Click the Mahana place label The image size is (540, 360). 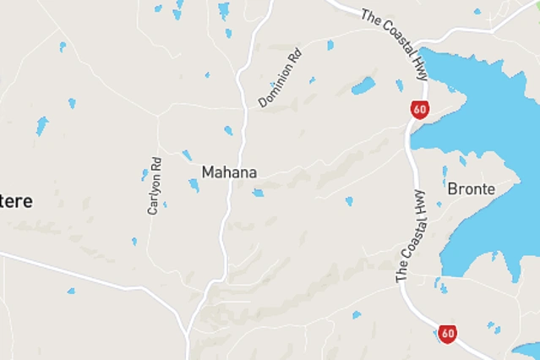pyautogui.click(x=229, y=172)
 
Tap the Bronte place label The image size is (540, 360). pyautogui.click(x=471, y=188)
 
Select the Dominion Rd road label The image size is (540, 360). pyautogui.click(x=281, y=79)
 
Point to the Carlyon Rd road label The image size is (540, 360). pyautogui.click(x=154, y=184)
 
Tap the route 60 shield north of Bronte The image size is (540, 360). pyautogui.click(x=420, y=109)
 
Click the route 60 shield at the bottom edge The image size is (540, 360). pyautogui.click(x=447, y=333)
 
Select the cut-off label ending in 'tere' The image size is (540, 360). pyautogui.click(x=16, y=201)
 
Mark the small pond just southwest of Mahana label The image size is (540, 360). pyautogui.click(x=194, y=185)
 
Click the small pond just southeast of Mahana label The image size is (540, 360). pyautogui.click(x=258, y=193)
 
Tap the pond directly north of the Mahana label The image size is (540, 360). pyautogui.click(x=228, y=130)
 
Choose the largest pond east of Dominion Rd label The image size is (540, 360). pyautogui.click(x=363, y=85)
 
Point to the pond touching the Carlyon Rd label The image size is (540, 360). pyautogui.click(x=145, y=174)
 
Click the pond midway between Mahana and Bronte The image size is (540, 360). pyautogui.click(x=348, y=201)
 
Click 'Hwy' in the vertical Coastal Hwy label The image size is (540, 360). pyautogui.click(x=417, y=203)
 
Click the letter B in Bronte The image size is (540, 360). pyautogui.click(x=452, y=188)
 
